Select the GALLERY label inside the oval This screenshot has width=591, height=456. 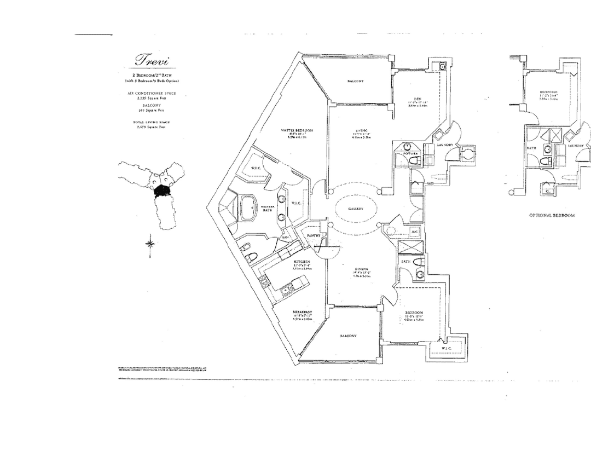(x=356, y=209)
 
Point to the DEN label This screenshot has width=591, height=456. (x=416, y=99)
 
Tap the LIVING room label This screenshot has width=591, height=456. (x=358, y=130)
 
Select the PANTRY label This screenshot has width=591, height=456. (x=314, y=235)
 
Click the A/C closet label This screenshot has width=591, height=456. (x=414, y=232)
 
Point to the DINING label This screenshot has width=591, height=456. (x=360, y=269)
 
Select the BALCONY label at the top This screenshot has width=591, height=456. (x=356, y=81)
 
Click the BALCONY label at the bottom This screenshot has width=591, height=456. (x=348, y=336)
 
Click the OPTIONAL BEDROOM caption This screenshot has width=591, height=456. (x=552, y=215)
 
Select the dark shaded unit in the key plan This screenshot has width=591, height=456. (x=161, y=190)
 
